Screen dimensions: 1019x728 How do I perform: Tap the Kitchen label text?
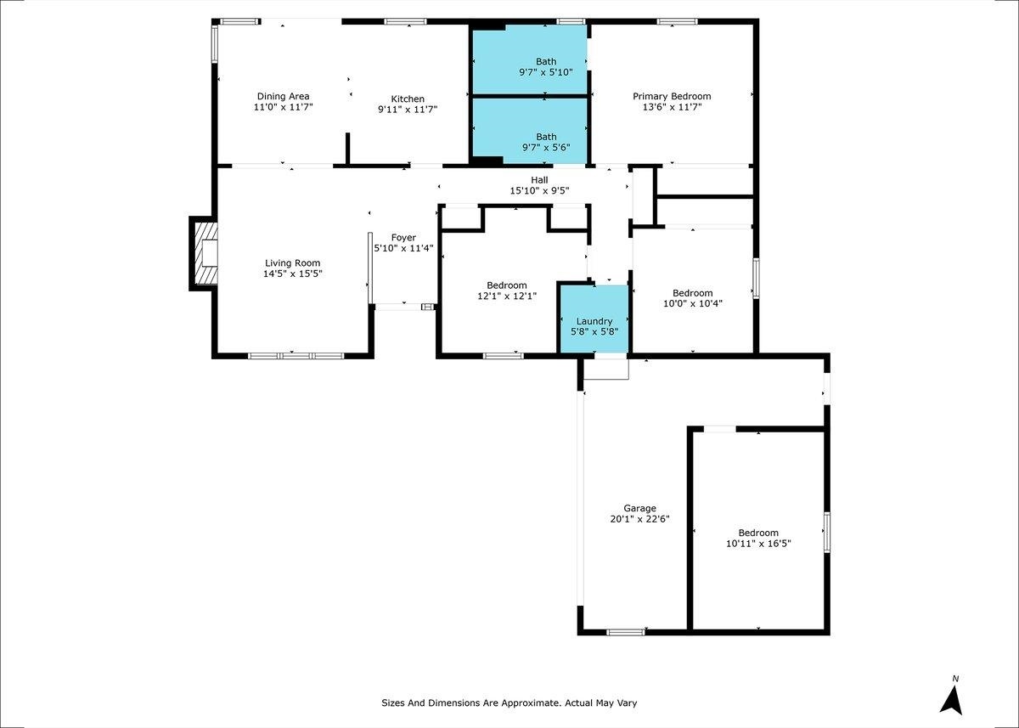pyautogui.click(x=408, y=99)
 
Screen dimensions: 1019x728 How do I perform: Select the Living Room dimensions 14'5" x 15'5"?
pyautogui.click(x=292, y=274)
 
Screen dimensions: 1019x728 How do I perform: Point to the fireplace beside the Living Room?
pyautogui.click(x=203, y=253)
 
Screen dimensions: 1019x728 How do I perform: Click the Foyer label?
pyautogui.click(x=403, y=238)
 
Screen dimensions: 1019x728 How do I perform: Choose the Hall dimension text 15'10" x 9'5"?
pyautogui.click(x=539, y=190)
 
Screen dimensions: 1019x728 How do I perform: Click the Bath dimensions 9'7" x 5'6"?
pyautogui.click(x=546, y=148)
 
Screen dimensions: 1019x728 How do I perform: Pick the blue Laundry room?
pyautogui.click(x=594, y=319)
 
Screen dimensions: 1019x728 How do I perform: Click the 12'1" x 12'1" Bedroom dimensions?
pyautogui.click(x=507, y=296)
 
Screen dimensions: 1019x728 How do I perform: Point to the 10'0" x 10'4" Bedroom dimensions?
pyautogui.click(x=693, y=303)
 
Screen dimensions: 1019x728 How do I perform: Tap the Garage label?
pyautogui.click(x=639, y=508)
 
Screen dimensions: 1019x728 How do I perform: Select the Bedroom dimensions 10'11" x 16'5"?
pyautogui.click(x=758, y=544)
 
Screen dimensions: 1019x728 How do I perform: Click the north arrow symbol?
pyautogui.click(x=952, y=701)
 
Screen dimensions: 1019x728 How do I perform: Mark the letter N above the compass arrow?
pyautogui.click(x=955, y=679)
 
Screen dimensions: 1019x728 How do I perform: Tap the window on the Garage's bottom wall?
pyautogui.click(x=626, y=632)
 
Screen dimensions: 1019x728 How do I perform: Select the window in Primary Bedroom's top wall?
pyautogui.click(x=678, y=21)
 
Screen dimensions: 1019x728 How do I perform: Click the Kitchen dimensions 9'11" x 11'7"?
pyautogui.click(x=408, y=110)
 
